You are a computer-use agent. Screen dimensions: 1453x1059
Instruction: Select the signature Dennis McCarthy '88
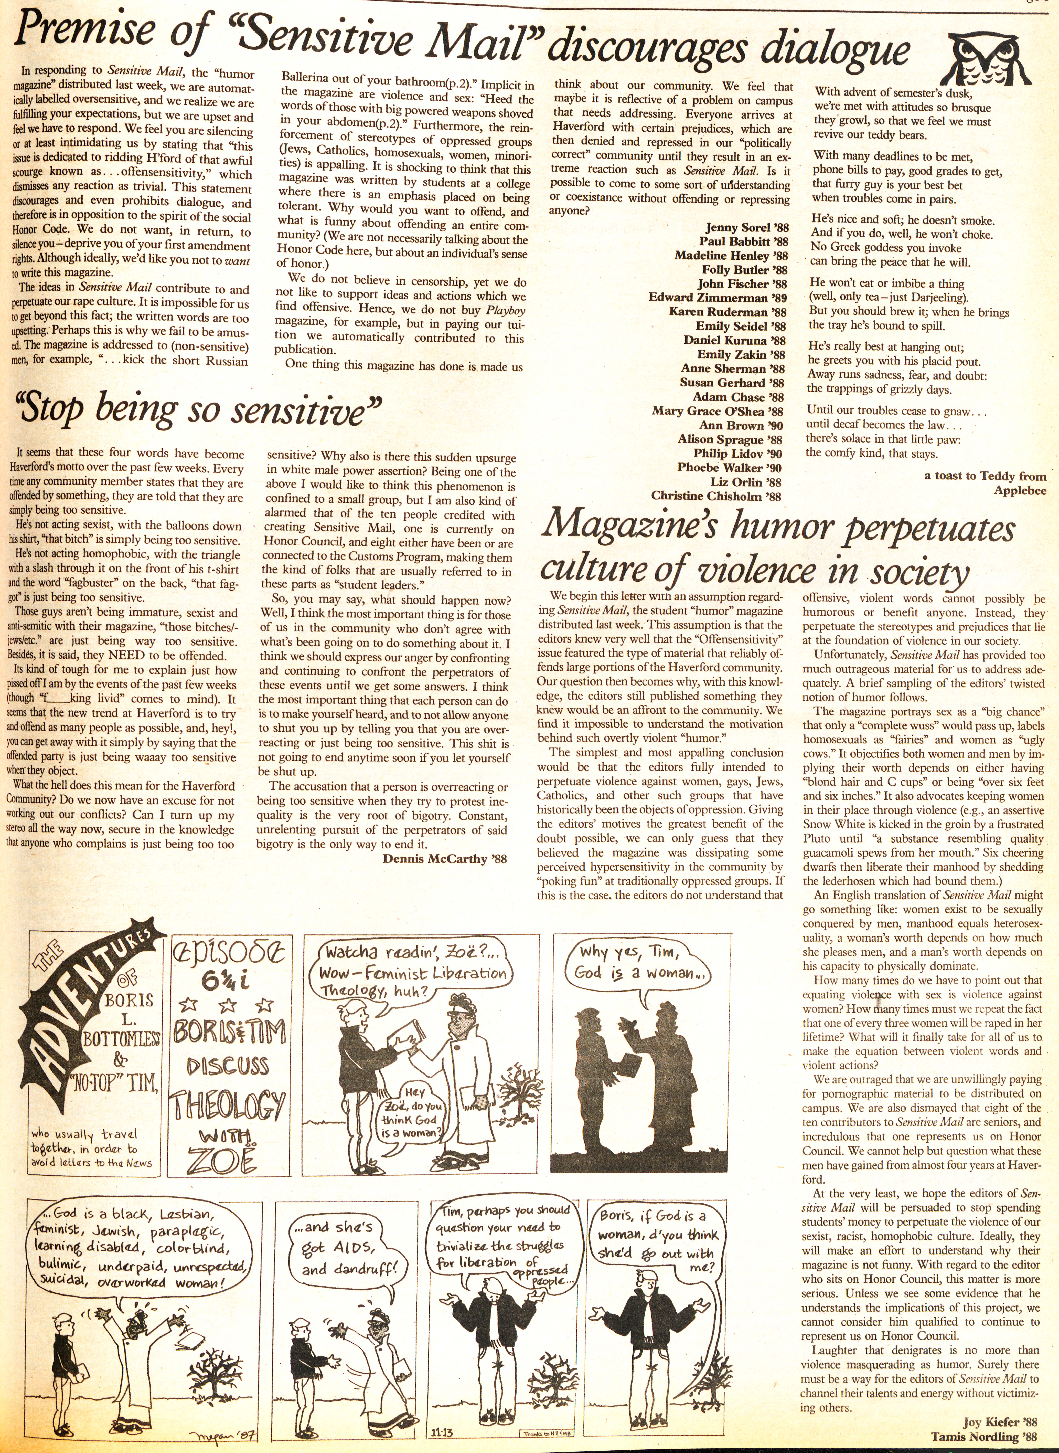(x=444, y=859)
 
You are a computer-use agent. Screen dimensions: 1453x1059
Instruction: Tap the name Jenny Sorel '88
(x=747, y=228)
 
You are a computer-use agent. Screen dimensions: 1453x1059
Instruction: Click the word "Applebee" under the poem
(x=1020, y=491)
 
